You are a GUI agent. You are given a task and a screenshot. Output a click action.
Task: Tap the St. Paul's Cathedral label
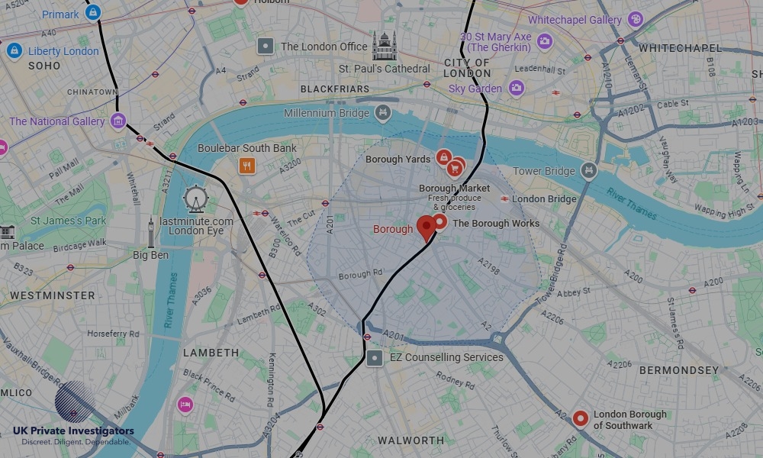click(385, 69)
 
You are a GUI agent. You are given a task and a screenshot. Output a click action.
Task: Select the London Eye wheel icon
click(195, 199)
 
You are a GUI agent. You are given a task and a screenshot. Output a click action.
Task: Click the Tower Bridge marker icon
click(588, 171)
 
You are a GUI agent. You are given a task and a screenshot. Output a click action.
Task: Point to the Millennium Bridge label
click(327, 113)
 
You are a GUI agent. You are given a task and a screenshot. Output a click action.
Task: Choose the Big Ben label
click(150, 255)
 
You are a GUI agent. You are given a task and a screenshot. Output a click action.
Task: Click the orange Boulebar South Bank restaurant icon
click(246, 166)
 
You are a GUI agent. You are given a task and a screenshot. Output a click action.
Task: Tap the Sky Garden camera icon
click(517, 89)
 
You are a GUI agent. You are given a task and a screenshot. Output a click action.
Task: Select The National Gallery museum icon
click(118, 121)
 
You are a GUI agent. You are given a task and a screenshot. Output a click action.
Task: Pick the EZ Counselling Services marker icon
click(375, 357)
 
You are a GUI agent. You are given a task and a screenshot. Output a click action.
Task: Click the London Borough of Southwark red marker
click(580, 418)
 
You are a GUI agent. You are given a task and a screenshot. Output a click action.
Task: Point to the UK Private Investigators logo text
click(73, 431)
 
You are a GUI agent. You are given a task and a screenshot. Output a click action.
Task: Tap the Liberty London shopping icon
click(13, 51)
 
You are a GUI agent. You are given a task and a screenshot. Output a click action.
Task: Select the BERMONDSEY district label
click(679, 370)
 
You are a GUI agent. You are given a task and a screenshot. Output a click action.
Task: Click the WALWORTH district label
click(410, 440)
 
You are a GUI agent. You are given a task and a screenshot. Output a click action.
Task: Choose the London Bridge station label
click(544, 199)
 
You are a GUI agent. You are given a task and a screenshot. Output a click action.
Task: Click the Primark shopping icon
click(92, 14)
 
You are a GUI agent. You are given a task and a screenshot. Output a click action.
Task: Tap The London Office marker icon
click(266, 47)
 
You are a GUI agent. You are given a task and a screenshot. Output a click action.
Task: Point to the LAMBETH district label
click(211, 353)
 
